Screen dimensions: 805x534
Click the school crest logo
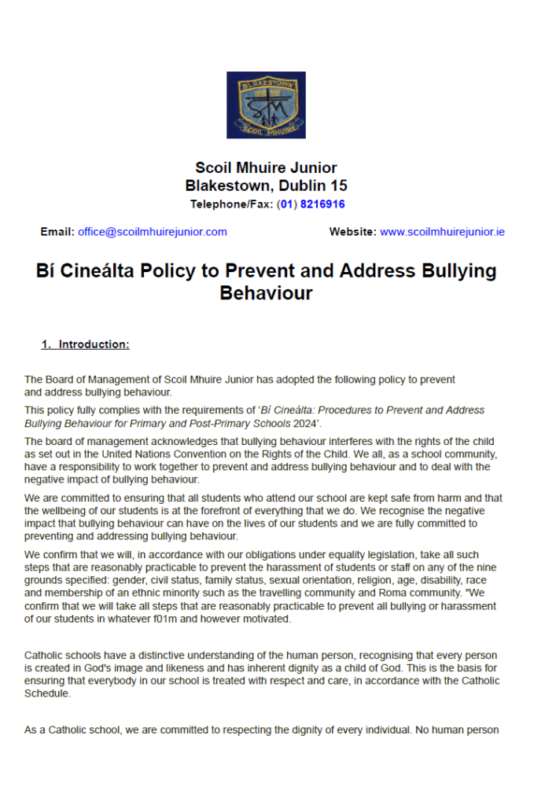click(x=266, y=105)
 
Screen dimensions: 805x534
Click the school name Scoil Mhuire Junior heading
click(x=266, y=167)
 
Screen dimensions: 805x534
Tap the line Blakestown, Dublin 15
click(x=266, y=186)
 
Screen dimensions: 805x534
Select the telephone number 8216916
click(x=322, y=204)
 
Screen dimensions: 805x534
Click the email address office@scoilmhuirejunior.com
click(x=152, y=232)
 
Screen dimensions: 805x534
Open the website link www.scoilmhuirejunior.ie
click(x=442, y=232)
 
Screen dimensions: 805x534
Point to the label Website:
click(x=352, y=232)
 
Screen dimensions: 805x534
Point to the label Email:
click(x=57, y=232)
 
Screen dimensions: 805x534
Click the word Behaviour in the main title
click(x=266, y=293)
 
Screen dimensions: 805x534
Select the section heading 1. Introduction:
click(x=86, y=344)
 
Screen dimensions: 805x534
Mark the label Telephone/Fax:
click(x=231, y=204)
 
